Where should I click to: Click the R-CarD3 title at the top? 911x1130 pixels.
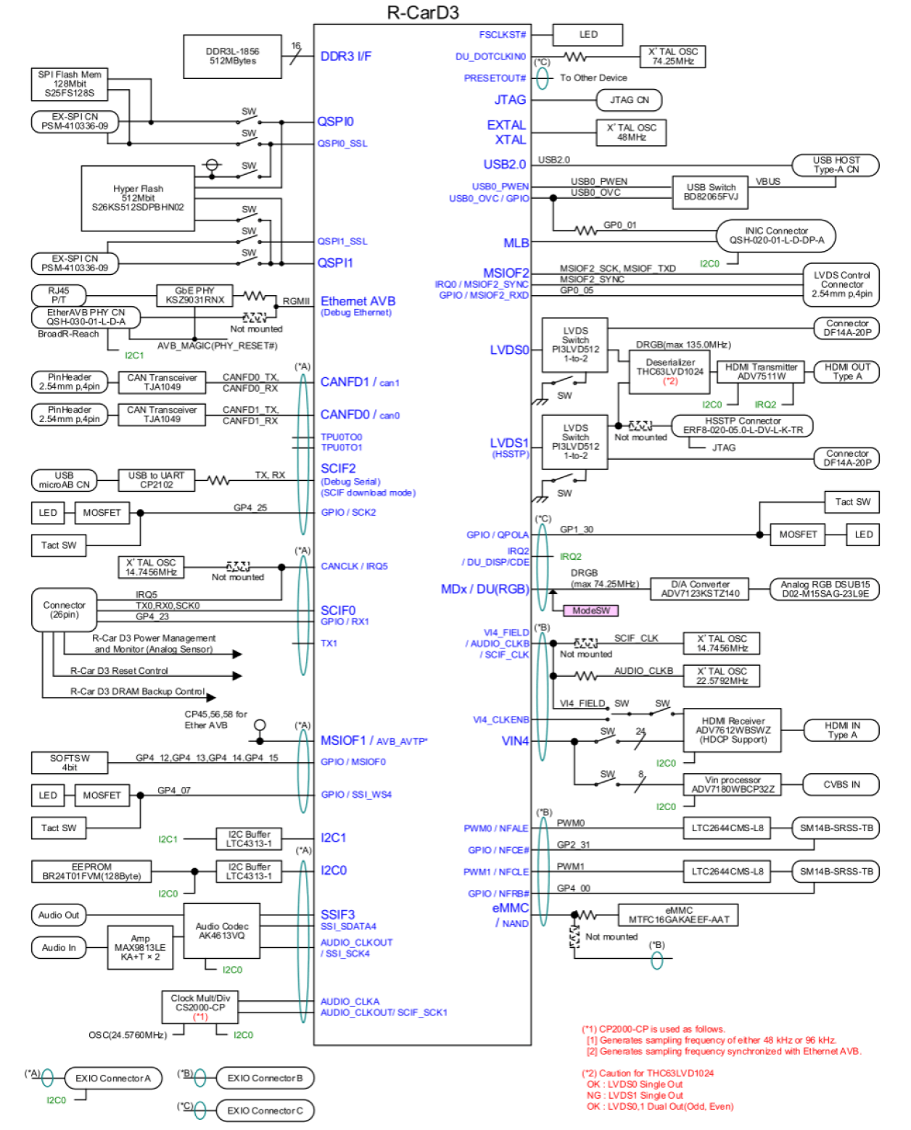coord(422,12)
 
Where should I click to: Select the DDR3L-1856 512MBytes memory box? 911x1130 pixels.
coord(232,57)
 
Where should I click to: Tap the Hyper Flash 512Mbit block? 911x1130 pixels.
coord(138,198)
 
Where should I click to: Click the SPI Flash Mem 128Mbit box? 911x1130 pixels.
coord(70,84)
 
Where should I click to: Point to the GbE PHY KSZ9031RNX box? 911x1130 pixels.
coord(194,295)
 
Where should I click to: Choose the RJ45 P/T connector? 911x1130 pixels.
coord(59,295)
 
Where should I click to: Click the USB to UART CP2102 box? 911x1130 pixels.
coord(156,480)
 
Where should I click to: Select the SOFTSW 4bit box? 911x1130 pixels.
coord(70,762)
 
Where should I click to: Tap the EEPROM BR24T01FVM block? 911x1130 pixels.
coord(91,871)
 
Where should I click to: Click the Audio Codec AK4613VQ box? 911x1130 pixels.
coord(222,931)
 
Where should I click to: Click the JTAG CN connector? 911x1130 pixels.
coord(629,100)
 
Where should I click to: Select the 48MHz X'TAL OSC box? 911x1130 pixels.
coord(631,133)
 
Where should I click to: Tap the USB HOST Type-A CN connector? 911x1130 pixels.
coord(836,165)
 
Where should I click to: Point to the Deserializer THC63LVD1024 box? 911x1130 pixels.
coord(669,371)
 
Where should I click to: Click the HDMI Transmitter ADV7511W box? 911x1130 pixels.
coord(761,372)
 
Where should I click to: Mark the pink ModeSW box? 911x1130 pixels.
coord(590,611)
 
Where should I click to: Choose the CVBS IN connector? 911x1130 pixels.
coord(841,785)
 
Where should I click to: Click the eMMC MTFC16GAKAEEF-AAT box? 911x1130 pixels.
coord(678,915)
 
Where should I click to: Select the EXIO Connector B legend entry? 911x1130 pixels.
coord(265,1079)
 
